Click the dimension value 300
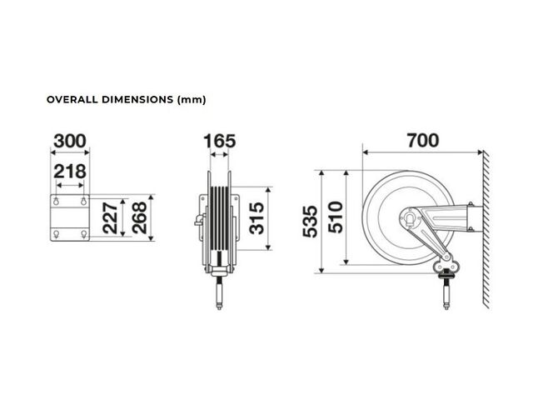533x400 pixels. tap(70, 141)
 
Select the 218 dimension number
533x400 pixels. tap(70, 172)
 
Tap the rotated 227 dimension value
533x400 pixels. tap(110, 218)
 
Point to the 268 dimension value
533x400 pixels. tap(139, 217)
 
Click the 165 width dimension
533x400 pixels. tap(219, 141)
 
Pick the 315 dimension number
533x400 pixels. tap(257, 218)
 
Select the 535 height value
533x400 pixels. tap(310, 222)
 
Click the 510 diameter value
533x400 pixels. tap(336, 217)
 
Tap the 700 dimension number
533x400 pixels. tap(423, 141)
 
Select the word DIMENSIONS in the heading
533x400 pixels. tap(137, 100)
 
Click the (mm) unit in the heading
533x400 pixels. tap(192, 100)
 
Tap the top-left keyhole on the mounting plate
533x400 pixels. tap(56, 201)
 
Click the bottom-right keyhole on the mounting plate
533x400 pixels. tap(83, 233)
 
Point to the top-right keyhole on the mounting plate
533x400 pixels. tap(83, 201)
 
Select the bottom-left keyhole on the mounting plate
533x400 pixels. tap(56, 233)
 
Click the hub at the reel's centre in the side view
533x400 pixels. tap(411, 218)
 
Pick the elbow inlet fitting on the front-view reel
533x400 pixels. tap(200, 220)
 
